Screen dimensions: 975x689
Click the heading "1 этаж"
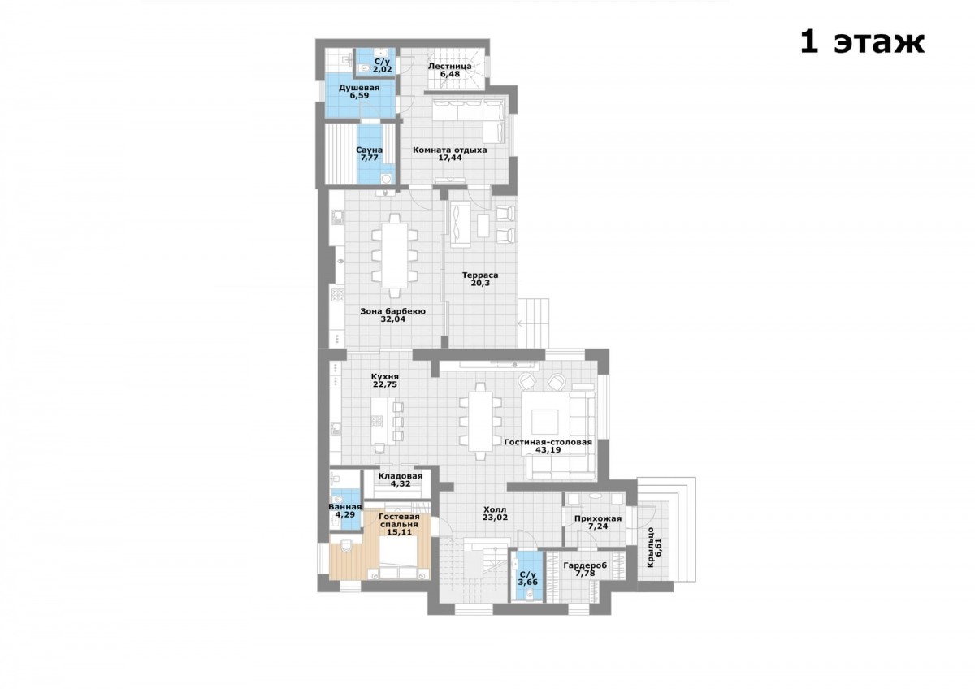point(862,43)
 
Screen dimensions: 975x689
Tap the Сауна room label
point(369,150)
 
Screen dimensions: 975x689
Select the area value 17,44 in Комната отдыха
point(450,158)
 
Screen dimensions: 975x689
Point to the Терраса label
point(480,275)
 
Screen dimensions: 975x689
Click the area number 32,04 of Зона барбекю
point(393,318)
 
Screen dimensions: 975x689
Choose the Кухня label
point(385,376)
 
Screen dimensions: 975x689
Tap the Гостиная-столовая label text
point(548,442)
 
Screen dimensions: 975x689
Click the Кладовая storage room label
point(401,476)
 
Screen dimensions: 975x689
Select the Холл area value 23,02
point(495,518)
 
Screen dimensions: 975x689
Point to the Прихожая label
point(598,519)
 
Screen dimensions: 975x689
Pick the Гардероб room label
point(585,565)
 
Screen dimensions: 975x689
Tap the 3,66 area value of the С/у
point(528,582)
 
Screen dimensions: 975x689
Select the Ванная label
point(345,507)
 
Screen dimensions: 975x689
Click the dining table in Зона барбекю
point(395,255)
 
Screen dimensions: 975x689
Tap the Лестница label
point(449,67)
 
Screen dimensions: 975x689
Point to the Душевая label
point(359,88)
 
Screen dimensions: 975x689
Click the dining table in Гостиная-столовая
point(480,422)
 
